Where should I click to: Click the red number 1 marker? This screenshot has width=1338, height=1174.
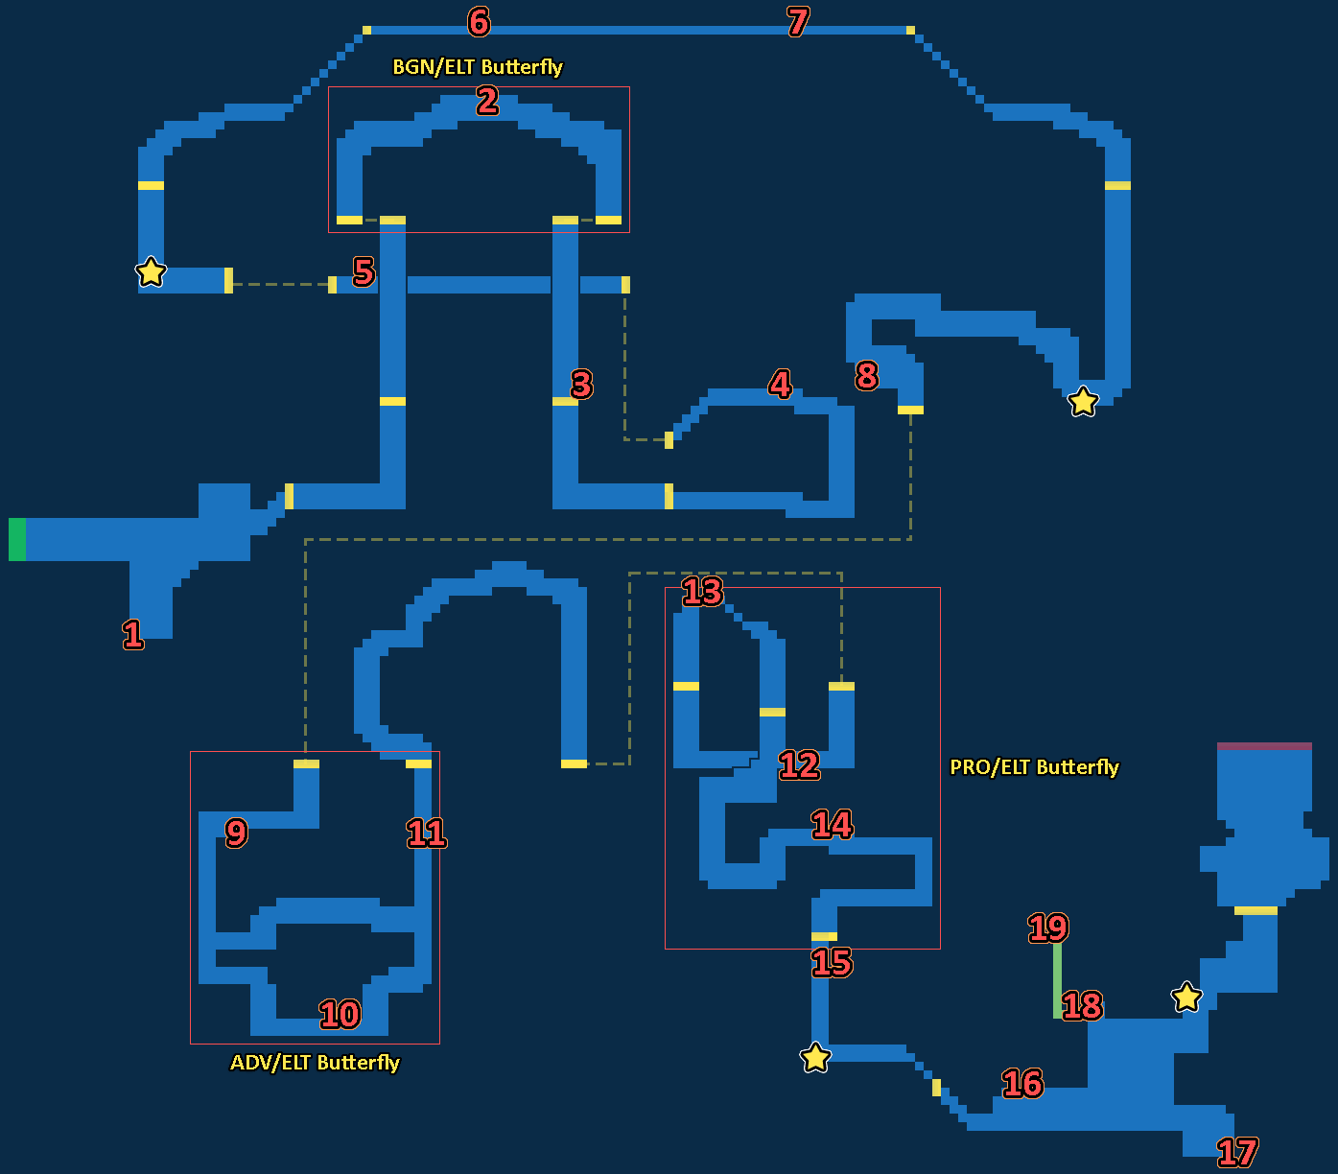[x=133, y=634]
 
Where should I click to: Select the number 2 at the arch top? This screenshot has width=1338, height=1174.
[x=487, y=101]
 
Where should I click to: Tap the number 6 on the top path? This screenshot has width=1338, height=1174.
[x=479, y=21]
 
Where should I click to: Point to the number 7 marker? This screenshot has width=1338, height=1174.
[x=798, y=21]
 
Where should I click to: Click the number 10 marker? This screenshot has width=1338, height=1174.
[x=340, y=1014]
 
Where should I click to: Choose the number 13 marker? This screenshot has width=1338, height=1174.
[x=702, y=592]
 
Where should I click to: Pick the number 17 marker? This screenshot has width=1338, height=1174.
[x=1236, y=1152]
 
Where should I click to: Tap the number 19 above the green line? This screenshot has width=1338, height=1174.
[x=1047, y=927]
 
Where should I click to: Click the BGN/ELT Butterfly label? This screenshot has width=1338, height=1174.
[x=478, y=67]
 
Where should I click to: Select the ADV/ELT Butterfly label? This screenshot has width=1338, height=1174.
[x=315, y=1063]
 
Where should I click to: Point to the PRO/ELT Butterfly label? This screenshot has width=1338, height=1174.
[x=1034, y=767]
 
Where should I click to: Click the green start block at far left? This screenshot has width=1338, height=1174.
[x=17, y=539]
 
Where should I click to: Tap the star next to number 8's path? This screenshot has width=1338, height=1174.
[x=1083, y=401]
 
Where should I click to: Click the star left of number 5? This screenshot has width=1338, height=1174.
[x=151, y=272]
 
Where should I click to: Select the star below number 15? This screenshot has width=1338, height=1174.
[x=815, y=1058]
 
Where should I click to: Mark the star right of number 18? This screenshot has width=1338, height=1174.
[x=1186, y=997]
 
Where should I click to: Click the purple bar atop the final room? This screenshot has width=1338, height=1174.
[x=1264, y=745]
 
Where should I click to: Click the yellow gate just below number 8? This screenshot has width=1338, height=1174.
[x=910, y=410]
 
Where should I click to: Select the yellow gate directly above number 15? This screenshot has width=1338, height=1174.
[x=824, y=936]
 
